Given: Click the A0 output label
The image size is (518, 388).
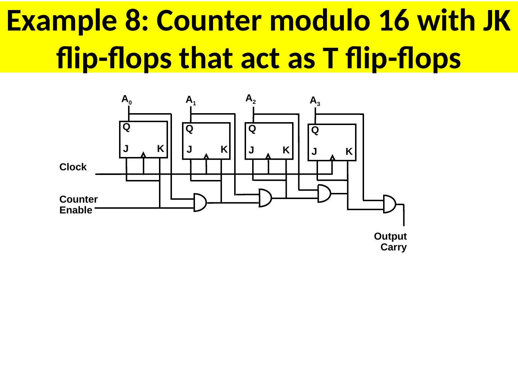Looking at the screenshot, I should [x=127, y=100].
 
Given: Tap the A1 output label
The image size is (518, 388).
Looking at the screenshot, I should [x=191, y=101].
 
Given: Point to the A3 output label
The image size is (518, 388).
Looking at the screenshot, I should [x=315, y=101].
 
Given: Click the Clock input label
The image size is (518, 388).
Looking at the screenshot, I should [x=73, y=167].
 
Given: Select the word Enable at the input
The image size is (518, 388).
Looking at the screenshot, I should [x=76, y=211].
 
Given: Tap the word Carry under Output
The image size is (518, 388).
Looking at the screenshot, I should [x=394, y=247].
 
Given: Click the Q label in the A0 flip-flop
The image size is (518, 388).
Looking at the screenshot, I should [x=126, y=127].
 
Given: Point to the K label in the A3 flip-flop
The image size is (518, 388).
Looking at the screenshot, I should [x=349, y=152].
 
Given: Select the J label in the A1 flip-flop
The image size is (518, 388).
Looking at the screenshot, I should [x=189, y=149].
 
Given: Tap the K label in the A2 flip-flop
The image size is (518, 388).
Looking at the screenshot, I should [x=286, y=150].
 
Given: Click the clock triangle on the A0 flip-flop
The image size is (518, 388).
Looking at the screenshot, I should [x=143, y=155].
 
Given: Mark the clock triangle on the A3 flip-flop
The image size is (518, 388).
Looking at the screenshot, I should [x=332, y=157].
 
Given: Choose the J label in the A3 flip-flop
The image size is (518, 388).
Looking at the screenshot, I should [x=314, y=153].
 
